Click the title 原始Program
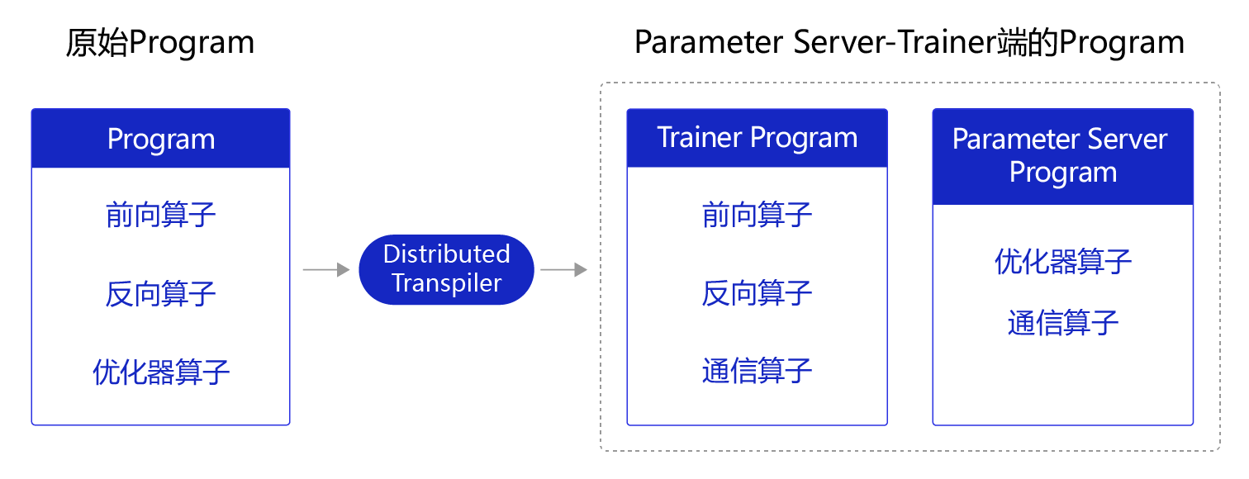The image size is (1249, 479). [159, 43]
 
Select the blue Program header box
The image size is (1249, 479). [161, 139]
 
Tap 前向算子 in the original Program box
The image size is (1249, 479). [161, 216]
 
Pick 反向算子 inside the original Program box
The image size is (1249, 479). [161, 294]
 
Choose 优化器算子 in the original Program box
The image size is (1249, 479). [161, 372]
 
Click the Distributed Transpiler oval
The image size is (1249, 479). [446, 269]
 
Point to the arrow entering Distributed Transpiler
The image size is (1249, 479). [326, 270]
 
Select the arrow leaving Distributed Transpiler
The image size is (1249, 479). [563, 270]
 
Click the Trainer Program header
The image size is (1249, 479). [757, 138]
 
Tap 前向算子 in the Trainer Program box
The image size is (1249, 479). [757, 216]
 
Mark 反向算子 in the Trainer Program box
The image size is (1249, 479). [757, 294]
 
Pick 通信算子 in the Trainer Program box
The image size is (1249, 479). [757, 371]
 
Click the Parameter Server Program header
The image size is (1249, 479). [1062, 156]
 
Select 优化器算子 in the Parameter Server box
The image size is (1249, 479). [1062, 263]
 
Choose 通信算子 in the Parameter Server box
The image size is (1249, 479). [1062, 322]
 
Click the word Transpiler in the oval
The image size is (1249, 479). [446, 283]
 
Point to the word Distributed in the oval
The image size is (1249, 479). [446, 254]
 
